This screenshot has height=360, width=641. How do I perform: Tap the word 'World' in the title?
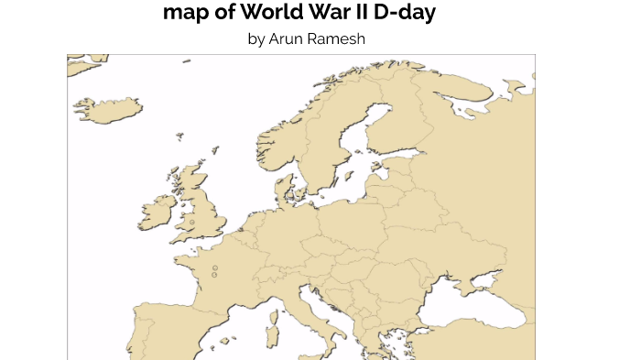point(265,13)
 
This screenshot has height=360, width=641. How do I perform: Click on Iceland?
point(109,109)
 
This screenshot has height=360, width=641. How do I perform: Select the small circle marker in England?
point(192,222)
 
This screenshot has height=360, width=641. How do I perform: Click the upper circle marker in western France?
point(215,268)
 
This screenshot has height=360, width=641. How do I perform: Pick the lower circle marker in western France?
point(215,275)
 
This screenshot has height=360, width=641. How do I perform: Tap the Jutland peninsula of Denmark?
point(285,188)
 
